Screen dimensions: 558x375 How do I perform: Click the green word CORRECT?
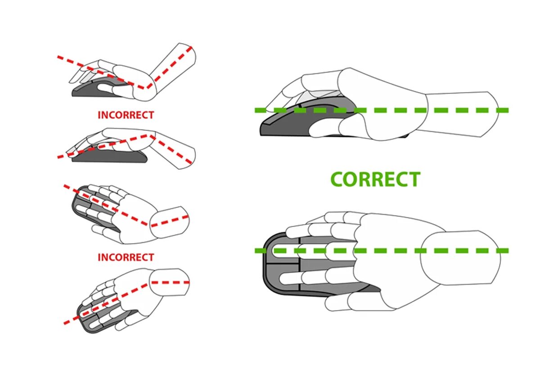coord(375,179)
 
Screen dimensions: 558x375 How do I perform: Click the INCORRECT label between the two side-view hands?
coord(126,115)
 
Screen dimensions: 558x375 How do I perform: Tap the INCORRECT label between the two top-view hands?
coord(126,257)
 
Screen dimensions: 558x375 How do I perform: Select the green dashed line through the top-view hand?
coord(396,250)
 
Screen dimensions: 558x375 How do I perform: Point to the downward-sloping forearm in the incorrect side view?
coord(175,151)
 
